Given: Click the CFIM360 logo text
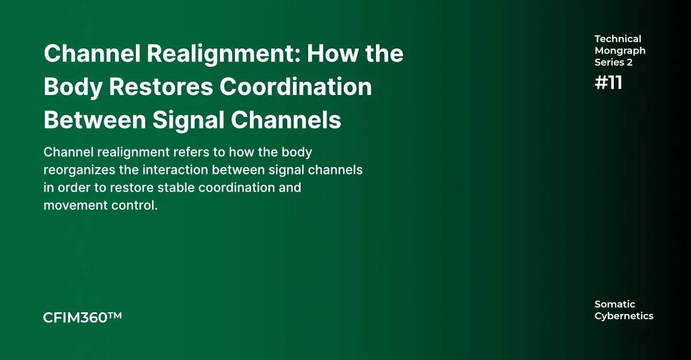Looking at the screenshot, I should point(75,317).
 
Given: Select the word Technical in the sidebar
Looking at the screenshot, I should point(618,39).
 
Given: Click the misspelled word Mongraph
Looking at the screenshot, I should point(620,51).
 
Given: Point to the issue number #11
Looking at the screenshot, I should point(608,83).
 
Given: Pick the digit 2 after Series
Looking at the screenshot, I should point(629,62).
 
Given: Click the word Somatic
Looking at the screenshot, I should point(614,304).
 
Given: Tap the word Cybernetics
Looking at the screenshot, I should point(624,316).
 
